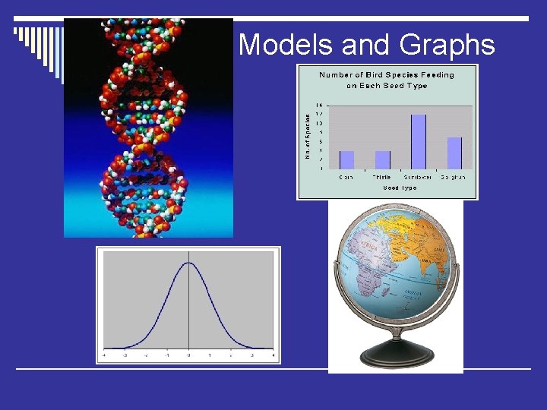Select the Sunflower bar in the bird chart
419,141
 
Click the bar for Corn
347,159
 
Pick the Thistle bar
383,159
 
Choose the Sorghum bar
454,153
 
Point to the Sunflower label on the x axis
419,176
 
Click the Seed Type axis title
400,187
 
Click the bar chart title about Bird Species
387,80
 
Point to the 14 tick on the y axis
319,105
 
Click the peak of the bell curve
188,263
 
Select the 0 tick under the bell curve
188,355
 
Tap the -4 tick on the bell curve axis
105,355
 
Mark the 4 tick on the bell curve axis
272,355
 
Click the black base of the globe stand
395,355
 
